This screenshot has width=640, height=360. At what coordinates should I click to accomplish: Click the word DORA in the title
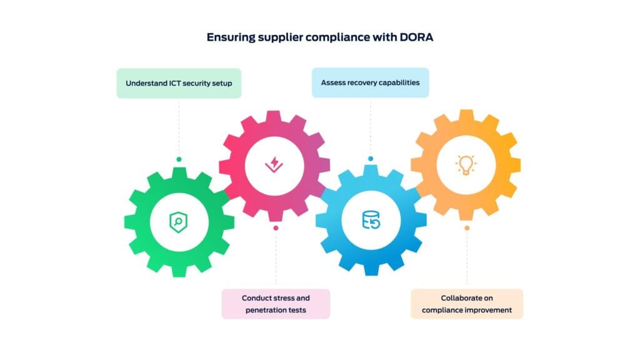point(416,37)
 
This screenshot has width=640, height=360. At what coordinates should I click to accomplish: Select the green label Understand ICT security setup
point(179,83)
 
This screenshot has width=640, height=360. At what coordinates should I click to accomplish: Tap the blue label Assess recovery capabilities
point(370,82)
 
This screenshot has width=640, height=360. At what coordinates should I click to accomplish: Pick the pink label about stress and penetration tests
point(276,304)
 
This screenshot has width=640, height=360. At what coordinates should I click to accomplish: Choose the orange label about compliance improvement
point(466,304)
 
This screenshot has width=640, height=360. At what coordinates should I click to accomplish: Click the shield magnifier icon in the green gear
point(179,221)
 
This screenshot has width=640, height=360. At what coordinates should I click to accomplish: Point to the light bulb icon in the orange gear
point(466,164)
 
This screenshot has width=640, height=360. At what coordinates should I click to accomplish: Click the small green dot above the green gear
point(179,159)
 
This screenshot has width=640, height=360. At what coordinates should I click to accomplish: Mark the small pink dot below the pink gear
point(276,228)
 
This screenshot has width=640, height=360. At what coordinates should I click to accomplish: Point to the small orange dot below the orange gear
point(466,228)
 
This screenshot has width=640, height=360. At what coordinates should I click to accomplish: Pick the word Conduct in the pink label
point(256,298)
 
